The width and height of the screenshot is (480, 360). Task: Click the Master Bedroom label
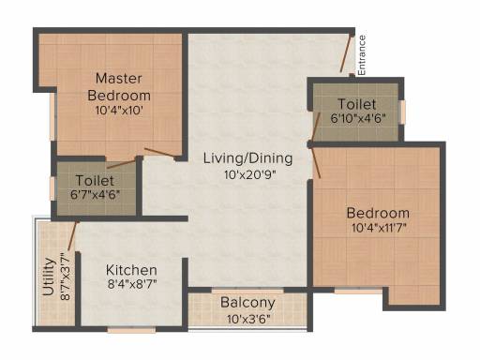tap(119, 86)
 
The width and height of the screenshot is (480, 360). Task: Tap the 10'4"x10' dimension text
tap(119, 110)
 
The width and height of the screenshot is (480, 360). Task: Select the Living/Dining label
tap(248, 158)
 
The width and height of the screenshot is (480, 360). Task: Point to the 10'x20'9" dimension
tap(250, 174)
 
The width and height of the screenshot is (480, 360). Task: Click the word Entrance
tap(362, 55)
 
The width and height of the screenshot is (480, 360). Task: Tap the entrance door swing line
tap(346, 53)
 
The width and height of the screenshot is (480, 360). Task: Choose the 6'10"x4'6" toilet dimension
tap(358, 118)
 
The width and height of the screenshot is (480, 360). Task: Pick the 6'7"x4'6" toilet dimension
tap(95, 195)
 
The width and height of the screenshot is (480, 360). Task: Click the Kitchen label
tap(131, 270)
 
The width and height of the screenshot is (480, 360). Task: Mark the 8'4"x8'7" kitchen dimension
tap(132, 284)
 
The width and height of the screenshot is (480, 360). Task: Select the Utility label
tap(49, 277)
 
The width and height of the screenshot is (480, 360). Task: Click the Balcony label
tap(247, 303)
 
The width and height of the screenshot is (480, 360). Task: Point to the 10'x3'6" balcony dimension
tap(248, 320)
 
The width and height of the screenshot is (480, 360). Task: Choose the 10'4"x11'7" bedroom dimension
tap(379, 228)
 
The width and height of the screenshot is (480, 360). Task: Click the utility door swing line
tap(72, 236)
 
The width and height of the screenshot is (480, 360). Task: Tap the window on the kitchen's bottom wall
tap(131, 330)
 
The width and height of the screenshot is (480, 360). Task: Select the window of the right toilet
tap(403, 112)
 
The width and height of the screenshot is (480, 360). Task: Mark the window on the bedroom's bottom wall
tap(358, 291)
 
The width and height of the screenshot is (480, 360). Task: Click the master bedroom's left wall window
tap(53, 116)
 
